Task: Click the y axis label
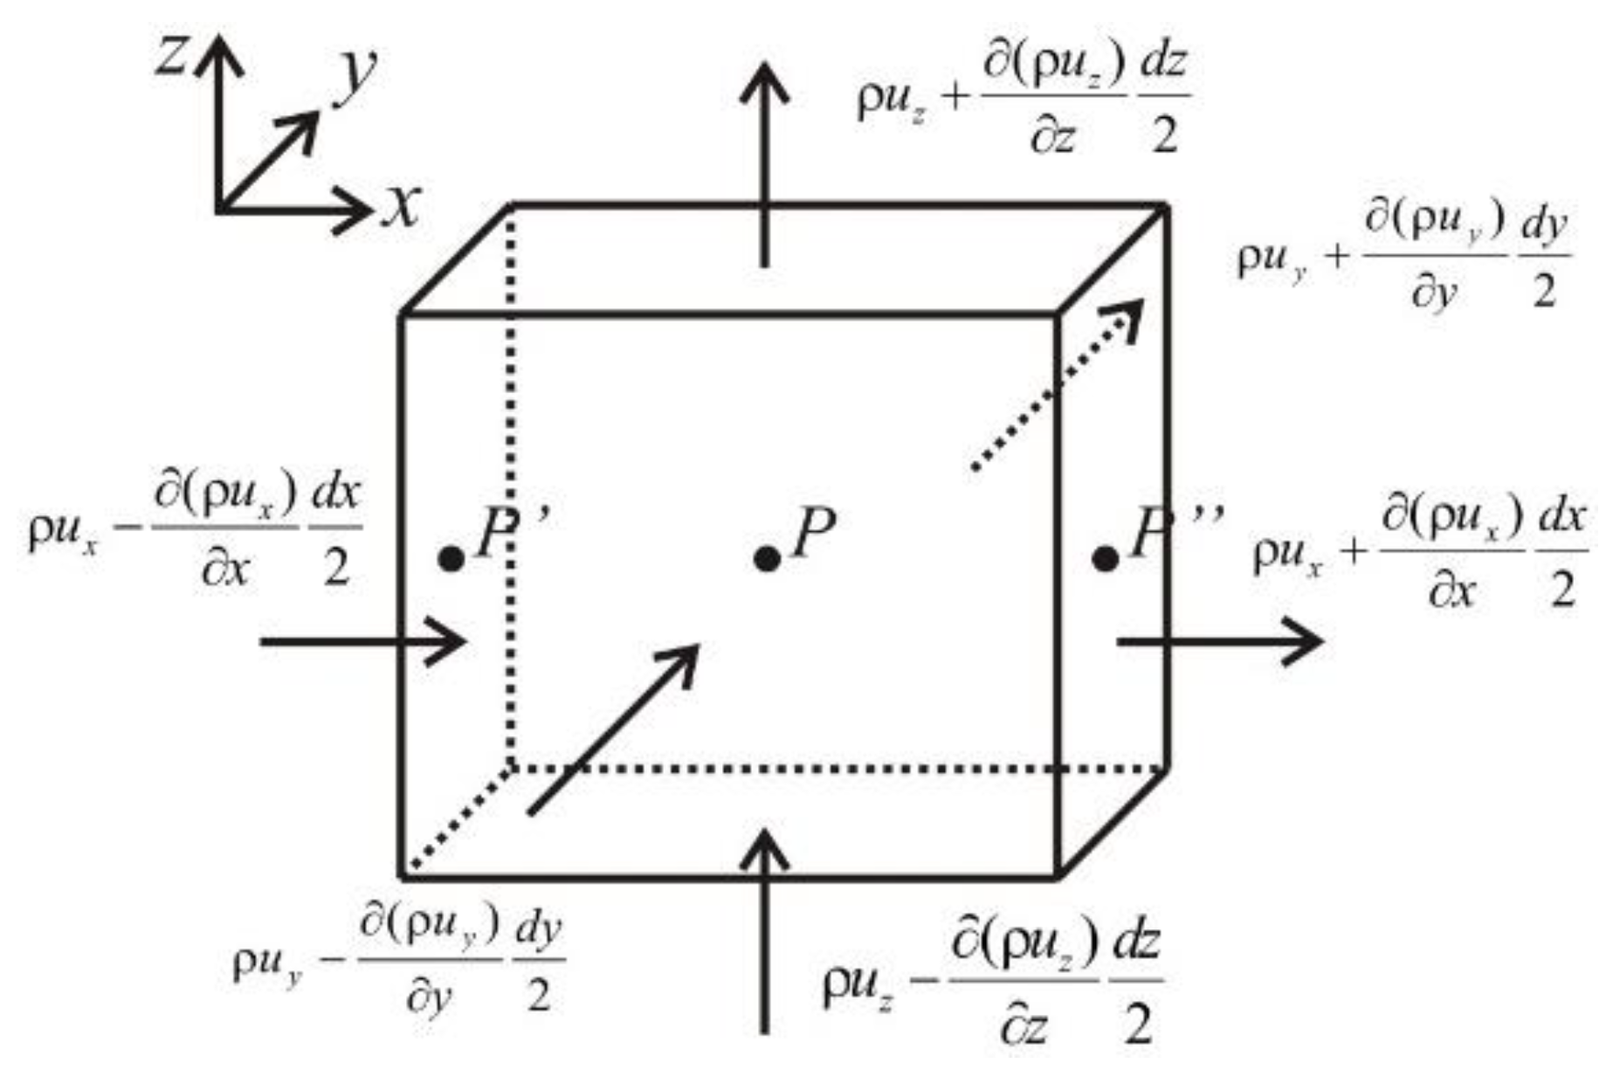[357, 73]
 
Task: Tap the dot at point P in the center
[767, 559]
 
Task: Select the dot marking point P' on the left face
[451, 559]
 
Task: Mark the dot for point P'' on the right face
[1106, 559]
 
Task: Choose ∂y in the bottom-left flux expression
[430, 995]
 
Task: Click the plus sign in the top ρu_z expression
[955, 98]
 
